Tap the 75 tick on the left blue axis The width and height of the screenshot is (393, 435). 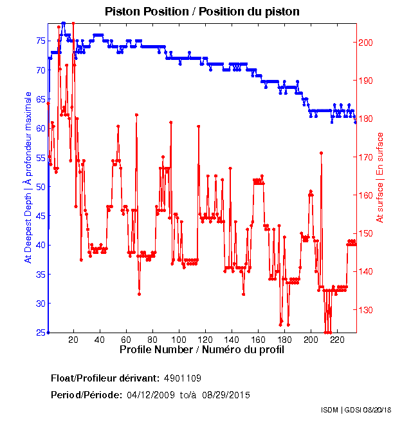(x=39, y=40)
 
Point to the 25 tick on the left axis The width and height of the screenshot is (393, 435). (x=39, y=333)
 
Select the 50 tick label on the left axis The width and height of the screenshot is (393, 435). (x=39, y=186)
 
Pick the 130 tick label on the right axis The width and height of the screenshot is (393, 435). (x=365, y=310)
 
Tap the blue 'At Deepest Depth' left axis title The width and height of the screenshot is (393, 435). (x=28, y=177)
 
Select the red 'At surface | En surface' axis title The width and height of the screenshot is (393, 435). (x=380, y=178)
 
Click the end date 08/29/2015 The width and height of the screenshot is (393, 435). (x=226, y=394)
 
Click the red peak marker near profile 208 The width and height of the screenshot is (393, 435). (x=321, y=153)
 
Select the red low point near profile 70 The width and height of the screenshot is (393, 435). (x=139, y=294)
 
